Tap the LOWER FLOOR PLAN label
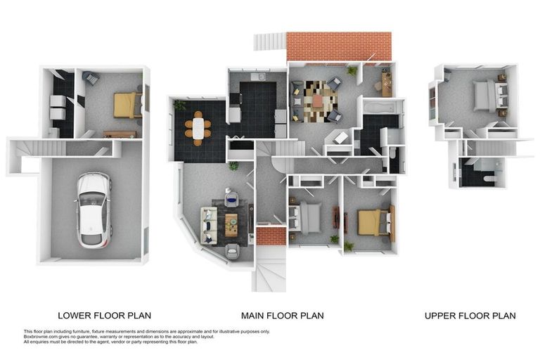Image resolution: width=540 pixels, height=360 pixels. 104,316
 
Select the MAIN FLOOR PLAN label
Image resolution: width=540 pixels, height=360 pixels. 283,316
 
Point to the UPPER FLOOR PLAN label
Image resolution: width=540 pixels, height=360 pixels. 470,316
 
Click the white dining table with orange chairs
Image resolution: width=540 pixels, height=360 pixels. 198,128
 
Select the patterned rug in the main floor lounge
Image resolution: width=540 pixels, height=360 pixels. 317,101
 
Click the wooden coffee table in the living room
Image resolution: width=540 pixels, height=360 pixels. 231,224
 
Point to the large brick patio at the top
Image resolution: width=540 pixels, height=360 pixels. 339,46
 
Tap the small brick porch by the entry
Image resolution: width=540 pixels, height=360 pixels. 271,236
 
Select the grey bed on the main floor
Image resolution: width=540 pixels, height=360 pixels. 306,218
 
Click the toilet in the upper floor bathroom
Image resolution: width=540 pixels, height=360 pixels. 489,178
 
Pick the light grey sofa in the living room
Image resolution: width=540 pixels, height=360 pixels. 209,225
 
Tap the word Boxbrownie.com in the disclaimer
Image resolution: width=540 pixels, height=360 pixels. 37,337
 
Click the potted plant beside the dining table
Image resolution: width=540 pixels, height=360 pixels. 179,105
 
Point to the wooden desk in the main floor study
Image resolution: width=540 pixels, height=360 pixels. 387,83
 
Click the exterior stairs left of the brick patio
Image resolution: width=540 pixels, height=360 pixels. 270,41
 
